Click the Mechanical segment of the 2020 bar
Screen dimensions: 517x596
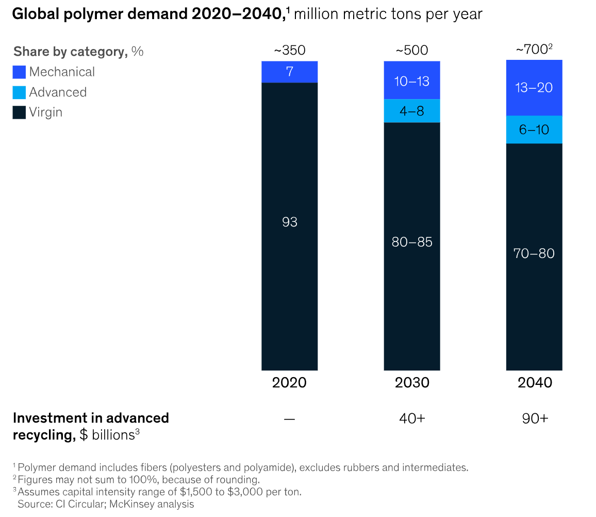[290, 72]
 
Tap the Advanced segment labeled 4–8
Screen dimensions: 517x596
[412, 110]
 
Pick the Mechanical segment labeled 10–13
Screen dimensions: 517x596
[412, 80]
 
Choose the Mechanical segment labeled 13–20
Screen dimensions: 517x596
[534, 88]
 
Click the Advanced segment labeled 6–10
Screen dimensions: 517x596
[534, 130]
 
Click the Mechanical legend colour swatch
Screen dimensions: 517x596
[19, 72]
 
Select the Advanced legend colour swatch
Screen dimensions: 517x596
[19, 92]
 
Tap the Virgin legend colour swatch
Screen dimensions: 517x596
[19, 112]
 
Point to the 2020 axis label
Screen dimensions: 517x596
[290, 382]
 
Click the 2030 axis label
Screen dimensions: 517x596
[412, 382]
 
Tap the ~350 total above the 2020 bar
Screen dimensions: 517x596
[290, 51]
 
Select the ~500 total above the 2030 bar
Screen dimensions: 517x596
[412, 51]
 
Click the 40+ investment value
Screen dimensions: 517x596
[412, 418]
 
